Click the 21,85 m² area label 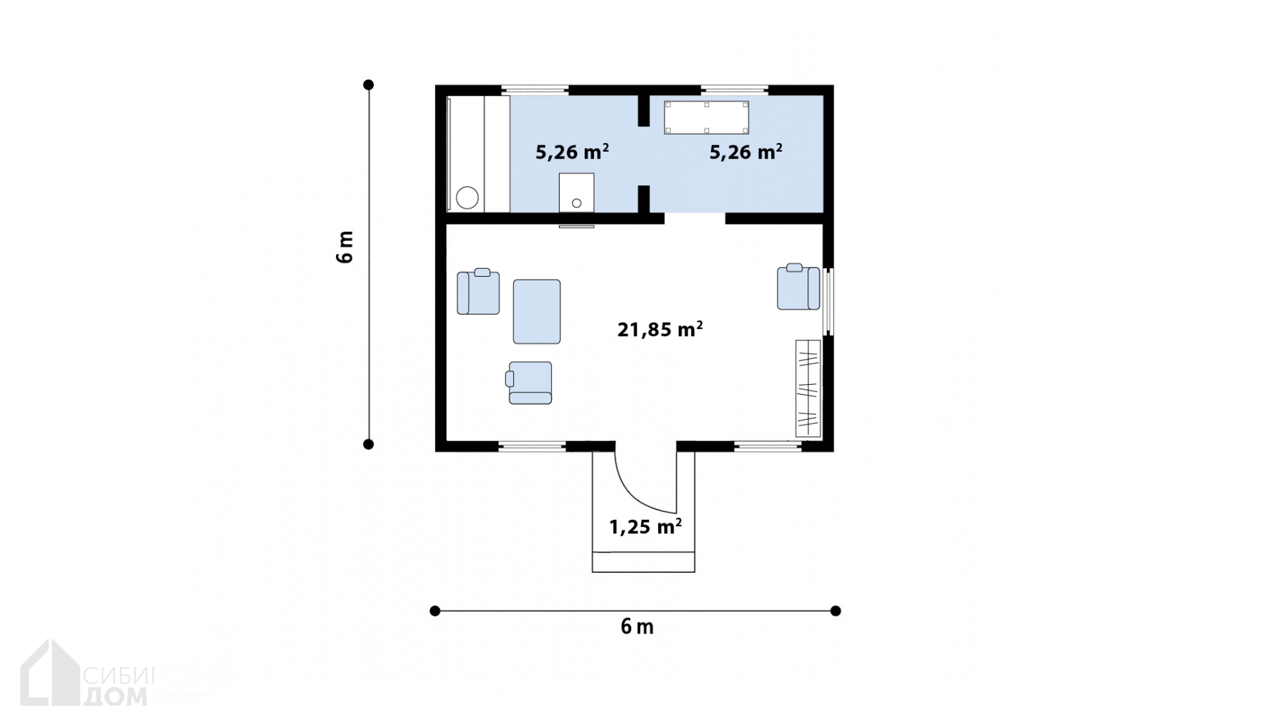660,329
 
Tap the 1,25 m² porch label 645,527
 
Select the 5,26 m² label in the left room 572,152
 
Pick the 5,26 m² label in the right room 745,152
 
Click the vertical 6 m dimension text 345,247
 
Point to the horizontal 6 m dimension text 637,627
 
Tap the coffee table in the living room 537,312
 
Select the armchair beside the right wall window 798,287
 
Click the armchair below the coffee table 530,383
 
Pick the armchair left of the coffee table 478,292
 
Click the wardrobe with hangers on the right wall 808,389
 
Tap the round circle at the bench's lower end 467,197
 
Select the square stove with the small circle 576,192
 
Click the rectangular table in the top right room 707,118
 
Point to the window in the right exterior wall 828,301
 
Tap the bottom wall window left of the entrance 532,446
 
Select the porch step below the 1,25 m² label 643,562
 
